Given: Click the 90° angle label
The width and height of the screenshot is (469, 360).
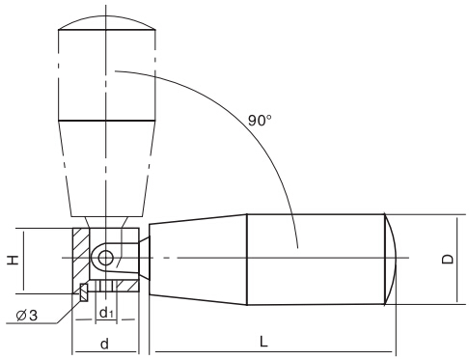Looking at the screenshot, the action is (260, 121).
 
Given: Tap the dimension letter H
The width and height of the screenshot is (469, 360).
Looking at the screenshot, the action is (13, 260).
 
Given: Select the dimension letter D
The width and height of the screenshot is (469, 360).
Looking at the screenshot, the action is (447, 260).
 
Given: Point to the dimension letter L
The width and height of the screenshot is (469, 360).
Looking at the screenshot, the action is (263, 342).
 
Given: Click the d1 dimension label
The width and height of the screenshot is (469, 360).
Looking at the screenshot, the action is (106, 313).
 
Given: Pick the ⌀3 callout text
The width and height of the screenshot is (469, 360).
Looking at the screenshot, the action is (27, 316).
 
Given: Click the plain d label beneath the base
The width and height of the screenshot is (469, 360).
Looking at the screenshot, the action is (104, 344).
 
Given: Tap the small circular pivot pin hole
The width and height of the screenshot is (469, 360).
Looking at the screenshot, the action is (105, 258).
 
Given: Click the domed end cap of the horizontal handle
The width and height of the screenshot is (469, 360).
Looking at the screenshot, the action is (391, 259).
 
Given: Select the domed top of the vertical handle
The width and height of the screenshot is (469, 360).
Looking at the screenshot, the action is (107, 22).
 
